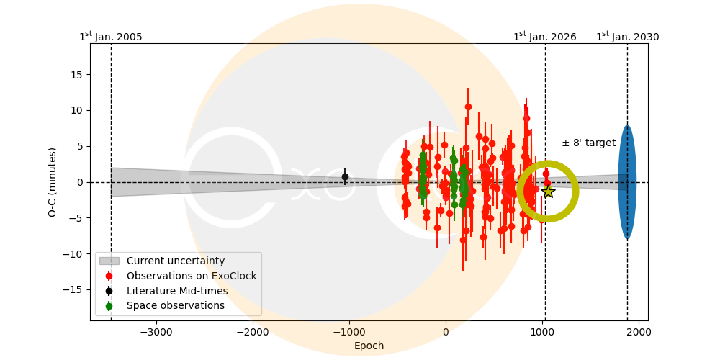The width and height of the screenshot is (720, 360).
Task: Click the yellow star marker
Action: pyautogui.click(x=548, y=192)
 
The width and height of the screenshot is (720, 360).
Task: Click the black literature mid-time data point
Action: pyautogui.click(x=345, y=176)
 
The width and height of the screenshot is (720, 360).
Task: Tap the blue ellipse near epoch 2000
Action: pyautogui.click(x=627, y=182)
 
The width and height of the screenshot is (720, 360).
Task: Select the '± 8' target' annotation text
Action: pyautogui.click(x=588, y=143)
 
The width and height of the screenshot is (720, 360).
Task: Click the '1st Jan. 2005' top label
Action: pyautogui.click(x=111, y=37)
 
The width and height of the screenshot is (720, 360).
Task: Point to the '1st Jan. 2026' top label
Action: pyautogui.click(x=545, y=37)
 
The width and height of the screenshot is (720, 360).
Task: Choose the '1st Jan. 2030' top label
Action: pyautogui.click(x=627, y=37)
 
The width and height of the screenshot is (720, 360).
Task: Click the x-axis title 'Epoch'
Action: pyautogui.click(x=369, y=346)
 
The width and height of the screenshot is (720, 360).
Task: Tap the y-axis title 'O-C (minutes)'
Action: pyautogui.click(x=53, y=182)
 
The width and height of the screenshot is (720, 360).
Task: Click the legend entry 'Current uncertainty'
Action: pyautogui.click(x=176, y=261)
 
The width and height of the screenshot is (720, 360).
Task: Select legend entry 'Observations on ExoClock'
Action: pyautogui.click(x=192, y=276)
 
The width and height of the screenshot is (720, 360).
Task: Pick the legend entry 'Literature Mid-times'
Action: pyautogui.click(x=177, y=291)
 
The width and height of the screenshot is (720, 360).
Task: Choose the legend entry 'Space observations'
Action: pyautogui.click(x=176, y=306)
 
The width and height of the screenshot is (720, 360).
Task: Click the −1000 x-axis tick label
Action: pyautogui.click(x=348, y=332)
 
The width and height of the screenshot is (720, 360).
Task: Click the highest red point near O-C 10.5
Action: pyautogui.click(x=468, y=107)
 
